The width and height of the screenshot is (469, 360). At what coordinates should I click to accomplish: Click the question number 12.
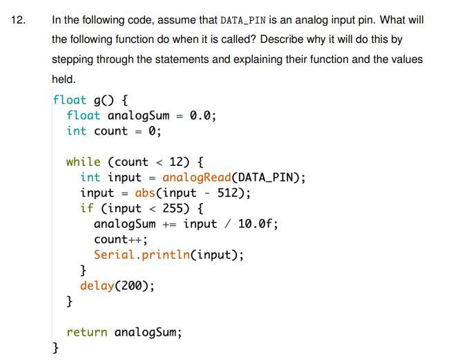[x=18, y=20]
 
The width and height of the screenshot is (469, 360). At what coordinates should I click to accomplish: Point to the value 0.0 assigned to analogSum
[x=201, y=115]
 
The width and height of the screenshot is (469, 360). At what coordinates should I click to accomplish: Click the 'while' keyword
[x=84, y=162]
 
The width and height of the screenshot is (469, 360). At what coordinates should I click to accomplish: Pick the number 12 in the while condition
[x=177, y=162]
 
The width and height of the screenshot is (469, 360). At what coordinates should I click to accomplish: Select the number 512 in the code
[x=230, y=193]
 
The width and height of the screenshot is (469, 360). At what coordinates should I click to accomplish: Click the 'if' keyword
[x=87, y=208]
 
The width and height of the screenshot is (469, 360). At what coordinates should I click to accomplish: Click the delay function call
[x=97, y=285]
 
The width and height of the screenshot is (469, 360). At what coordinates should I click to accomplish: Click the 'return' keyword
[x=87, y=332]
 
